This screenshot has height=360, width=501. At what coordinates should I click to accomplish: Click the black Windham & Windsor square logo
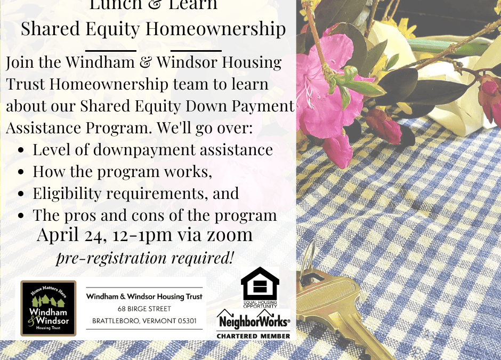(x=49, y=308)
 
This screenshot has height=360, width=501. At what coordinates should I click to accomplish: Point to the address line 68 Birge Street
(x=145, y=309)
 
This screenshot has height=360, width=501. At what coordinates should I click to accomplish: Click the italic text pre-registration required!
(x=145, y=258)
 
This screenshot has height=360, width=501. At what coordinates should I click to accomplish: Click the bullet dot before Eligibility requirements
(x=21, y=195)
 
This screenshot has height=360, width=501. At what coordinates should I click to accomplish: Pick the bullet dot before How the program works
(x=21, y=173)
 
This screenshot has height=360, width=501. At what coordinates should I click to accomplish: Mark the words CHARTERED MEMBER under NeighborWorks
(x=254, y=336)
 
